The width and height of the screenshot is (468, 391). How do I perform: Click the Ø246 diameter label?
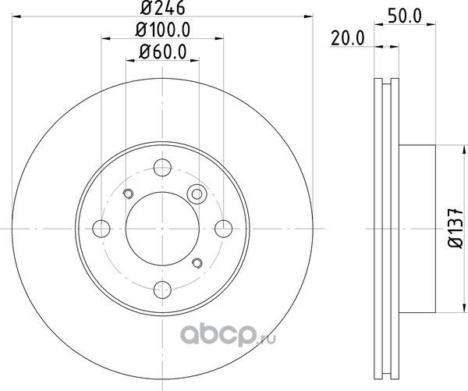pyautogui.click(x=163, y=8)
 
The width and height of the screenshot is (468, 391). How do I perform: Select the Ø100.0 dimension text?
pyautogui.click(x=163, y=30)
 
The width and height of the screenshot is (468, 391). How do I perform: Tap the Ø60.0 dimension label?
pyautogui.click(x=163, y=52)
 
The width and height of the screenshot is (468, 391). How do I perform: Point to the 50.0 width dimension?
pyautogui.click(x=404, y=16)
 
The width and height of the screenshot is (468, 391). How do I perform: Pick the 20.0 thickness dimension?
pyautogui.click(x=348, y=38)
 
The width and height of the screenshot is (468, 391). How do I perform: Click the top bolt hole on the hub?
pyautogui.click(x=162, y=168)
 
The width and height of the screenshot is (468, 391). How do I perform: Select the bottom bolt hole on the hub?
pyautogui.click(x=162, y=290)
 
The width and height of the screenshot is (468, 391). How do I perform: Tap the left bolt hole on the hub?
pyautogui.click(x=101, y=229)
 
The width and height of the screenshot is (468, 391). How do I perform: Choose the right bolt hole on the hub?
pyautogui.click(x=223, y=229)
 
